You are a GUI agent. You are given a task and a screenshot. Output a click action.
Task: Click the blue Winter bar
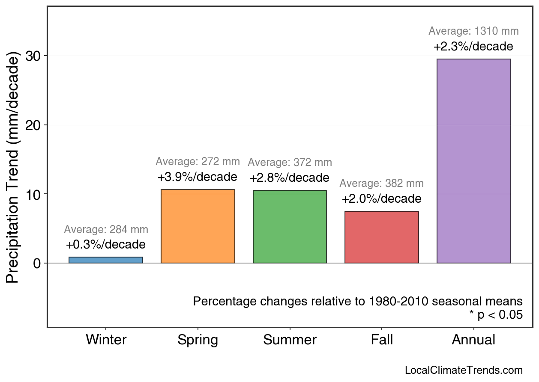105,260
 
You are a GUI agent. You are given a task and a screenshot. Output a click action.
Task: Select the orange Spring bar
198,226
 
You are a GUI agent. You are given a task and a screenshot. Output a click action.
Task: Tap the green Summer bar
290,227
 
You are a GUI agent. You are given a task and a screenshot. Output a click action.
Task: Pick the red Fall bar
382,237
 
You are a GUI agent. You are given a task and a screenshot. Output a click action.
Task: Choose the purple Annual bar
473,161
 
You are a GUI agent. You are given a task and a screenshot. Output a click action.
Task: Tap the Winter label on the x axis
106,340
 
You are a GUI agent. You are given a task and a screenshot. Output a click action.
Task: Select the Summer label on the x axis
290,340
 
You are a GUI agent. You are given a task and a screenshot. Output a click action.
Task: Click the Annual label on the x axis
473,340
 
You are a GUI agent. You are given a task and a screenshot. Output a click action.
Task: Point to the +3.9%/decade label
197,177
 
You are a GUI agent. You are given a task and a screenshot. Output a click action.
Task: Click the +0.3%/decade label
105,245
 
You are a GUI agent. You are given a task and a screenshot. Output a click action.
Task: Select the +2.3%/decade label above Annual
473,47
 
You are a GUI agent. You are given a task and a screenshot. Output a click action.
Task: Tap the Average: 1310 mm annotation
473,31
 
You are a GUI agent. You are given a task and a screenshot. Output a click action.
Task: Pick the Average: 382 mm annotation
381,184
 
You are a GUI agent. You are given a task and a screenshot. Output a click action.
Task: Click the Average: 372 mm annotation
290,163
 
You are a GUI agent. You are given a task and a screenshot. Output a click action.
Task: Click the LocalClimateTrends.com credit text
464,370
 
